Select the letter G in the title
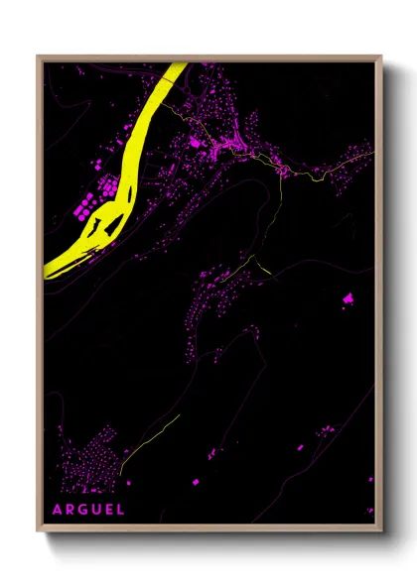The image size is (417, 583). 82,510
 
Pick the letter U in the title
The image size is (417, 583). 95,510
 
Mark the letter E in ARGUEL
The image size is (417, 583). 108,510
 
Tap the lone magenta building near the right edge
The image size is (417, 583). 347,297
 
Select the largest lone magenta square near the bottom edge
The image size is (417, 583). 194,481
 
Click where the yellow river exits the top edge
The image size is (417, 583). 178,65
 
